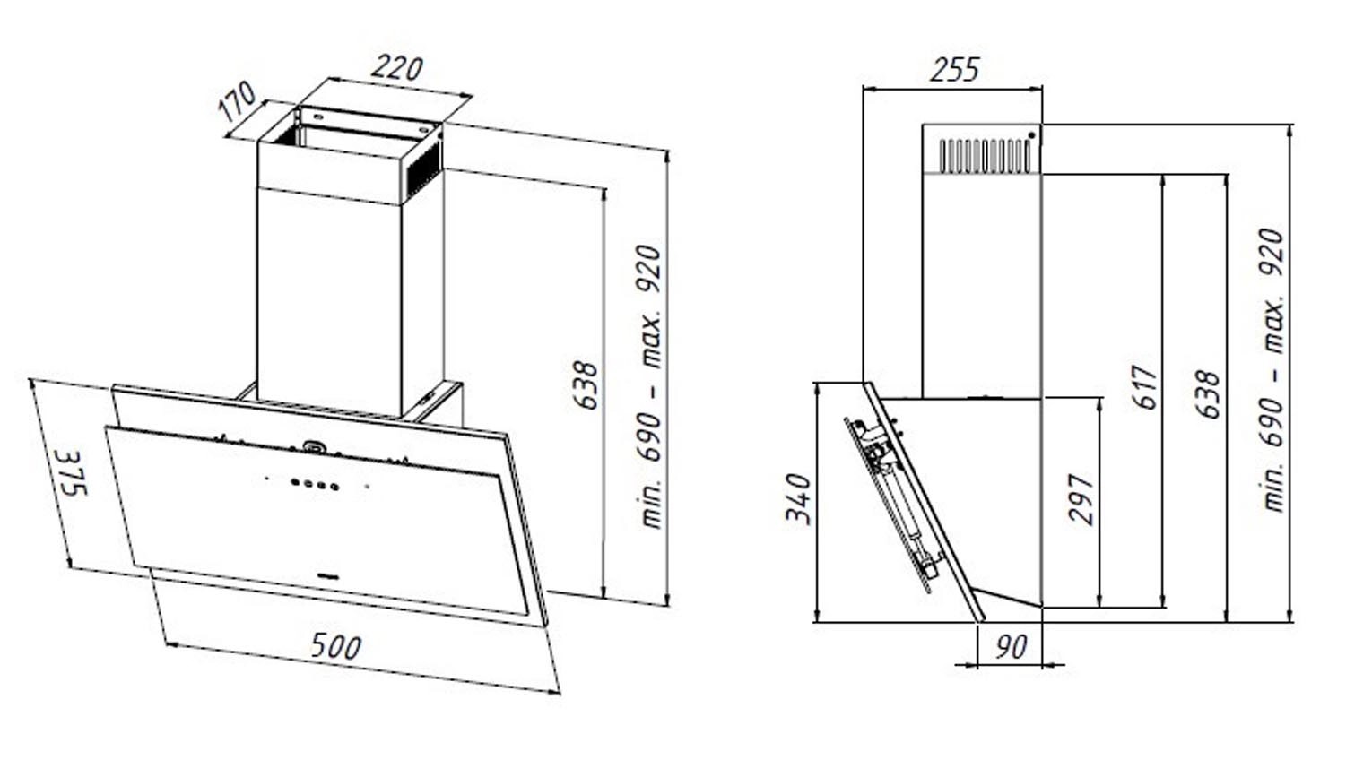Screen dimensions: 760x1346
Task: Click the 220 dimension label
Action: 396,69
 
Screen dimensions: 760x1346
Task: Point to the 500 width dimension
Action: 335,646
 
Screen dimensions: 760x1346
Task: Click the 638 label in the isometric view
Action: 585,384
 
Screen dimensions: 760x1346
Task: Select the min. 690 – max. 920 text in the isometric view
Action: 652,385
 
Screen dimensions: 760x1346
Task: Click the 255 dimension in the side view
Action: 954,70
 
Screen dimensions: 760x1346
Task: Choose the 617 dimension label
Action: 1146,387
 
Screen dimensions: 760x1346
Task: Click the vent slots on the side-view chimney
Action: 981,154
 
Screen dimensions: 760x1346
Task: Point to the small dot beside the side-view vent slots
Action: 1032,135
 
